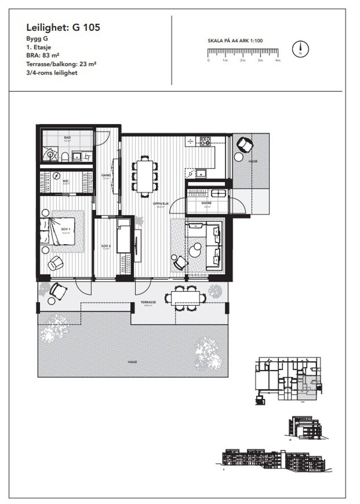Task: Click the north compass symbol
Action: (300, 50)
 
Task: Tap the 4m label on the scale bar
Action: (278, 61)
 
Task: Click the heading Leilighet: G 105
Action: (63, 28)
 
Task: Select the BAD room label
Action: (67, 138)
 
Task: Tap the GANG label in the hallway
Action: (105, 175)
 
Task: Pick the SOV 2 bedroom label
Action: (105, 246)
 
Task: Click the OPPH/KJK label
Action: (161, 204)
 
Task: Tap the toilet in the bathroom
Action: (64, 157)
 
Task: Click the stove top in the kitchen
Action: (206, 141)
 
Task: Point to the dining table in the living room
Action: (145, 176)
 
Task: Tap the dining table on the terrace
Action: (186, 298)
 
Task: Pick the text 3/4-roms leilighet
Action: (52, 73)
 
